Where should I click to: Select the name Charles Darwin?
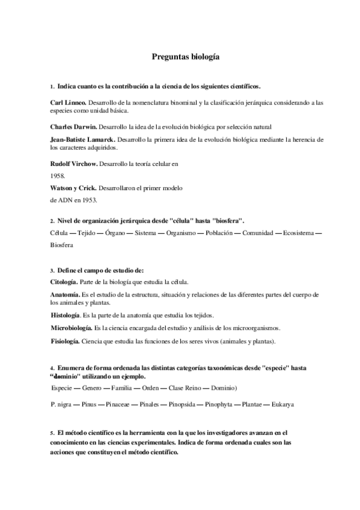pos(73,127)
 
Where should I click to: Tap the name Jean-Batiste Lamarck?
pos(84,140)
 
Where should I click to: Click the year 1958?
pos(58,176)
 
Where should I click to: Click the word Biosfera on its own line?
pos(61,245)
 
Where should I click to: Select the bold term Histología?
pos(66,315)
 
